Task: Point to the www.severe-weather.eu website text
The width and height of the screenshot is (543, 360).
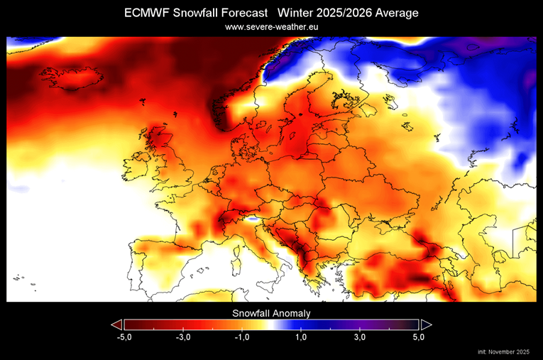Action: (x=271, y=27)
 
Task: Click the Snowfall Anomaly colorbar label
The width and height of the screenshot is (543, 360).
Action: (x=271, y=312)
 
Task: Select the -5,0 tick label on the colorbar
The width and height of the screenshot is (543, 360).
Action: (x=124, y=337)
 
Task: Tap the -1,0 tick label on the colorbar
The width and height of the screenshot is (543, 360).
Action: (x=241, y=337)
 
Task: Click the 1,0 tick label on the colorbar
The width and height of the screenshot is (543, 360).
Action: (x=301, y=337)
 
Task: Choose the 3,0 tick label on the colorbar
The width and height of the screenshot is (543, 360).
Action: (x=360, y=337)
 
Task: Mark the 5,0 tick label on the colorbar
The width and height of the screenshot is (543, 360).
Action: (x=419, y=337)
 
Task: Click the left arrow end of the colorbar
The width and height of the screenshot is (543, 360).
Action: (x=117, y=324)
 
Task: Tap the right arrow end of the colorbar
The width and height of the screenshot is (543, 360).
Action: (x=426, y=324)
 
